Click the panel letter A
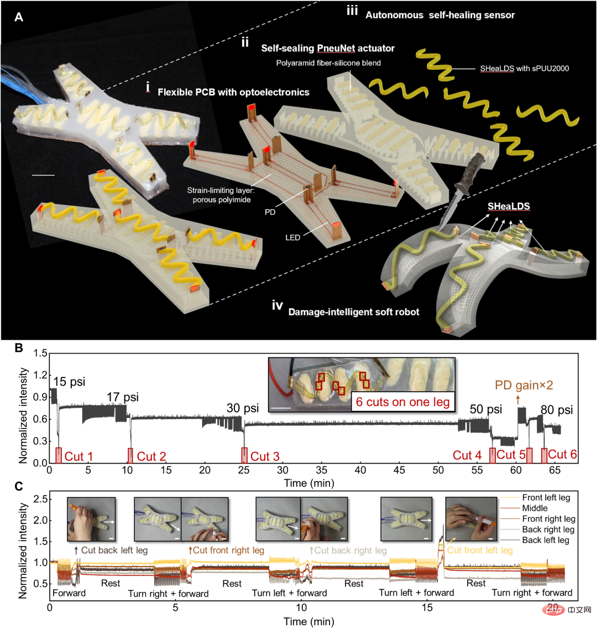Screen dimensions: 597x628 (18, 17)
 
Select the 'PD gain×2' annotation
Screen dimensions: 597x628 (524, 385)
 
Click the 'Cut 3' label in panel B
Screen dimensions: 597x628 (264, 456)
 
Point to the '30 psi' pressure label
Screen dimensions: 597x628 (243, 408)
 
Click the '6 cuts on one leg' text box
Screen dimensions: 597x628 (402, 402)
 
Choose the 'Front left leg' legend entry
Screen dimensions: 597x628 (546, 497)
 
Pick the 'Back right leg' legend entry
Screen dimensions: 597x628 (548, 530)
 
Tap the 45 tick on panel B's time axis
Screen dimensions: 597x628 (399, 470)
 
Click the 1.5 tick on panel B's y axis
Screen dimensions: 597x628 (40, 353)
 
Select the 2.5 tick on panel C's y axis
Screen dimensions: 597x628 (40, 499)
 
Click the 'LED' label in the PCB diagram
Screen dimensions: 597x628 (292, 237)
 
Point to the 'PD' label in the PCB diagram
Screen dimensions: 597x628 (270, 212)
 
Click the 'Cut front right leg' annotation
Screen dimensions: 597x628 (227, 551)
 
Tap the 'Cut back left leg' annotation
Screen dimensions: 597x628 (111, 551)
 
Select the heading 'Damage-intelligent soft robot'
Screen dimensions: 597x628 (354, 312)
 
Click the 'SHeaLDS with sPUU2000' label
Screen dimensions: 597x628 (524, 69)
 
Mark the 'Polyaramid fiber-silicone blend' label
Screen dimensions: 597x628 (328, 63)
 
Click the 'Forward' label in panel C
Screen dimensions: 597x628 (69, 593)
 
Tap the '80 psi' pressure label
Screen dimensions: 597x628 (557, 410)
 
